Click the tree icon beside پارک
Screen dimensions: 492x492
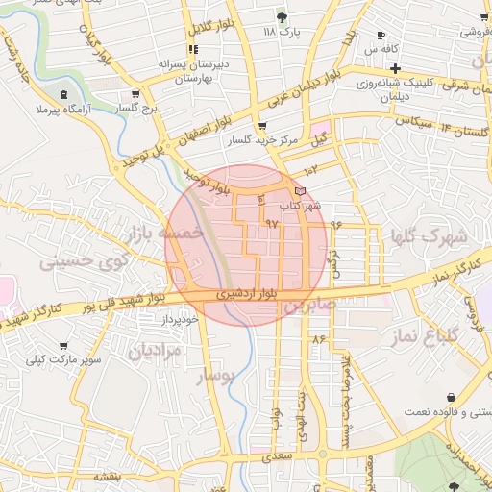[282, 17]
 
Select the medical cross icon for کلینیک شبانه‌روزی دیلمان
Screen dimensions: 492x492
[395, 68]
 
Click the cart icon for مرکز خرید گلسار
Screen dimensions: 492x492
[262, 126]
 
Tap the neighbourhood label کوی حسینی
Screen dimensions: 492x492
[65, 260]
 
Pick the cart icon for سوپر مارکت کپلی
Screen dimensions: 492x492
[63, 345]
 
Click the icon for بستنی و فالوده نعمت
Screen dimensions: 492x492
[451, 397]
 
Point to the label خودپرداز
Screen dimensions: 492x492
[179, 317]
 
